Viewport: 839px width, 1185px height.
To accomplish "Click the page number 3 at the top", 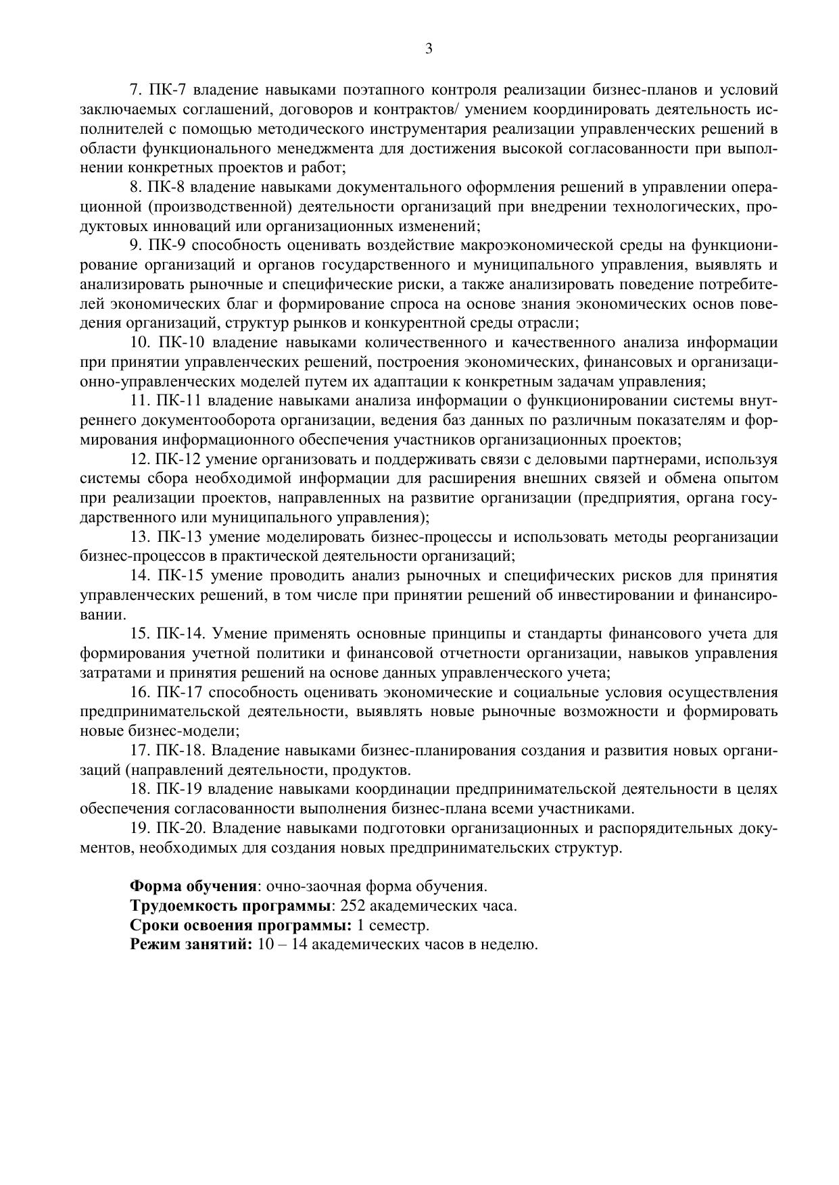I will tap(429, 49).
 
